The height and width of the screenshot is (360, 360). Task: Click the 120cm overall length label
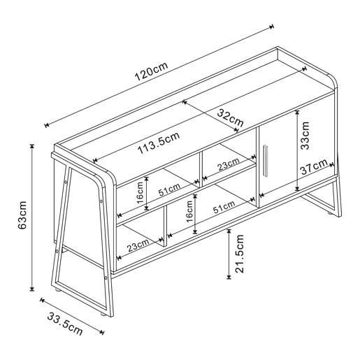(151, 71)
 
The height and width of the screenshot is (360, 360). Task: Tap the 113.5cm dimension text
(159, 143)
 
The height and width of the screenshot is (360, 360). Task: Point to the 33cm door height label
(304, 136)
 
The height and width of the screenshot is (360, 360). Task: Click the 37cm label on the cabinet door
(314, 166)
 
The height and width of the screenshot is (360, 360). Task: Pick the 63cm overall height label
(22, 215)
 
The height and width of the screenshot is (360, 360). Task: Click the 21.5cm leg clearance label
(239, 254)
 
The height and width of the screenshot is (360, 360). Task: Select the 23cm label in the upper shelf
(229, 164)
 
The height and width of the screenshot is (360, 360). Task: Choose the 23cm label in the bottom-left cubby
(138, 245)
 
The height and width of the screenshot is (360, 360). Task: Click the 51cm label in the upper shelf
(169, 189)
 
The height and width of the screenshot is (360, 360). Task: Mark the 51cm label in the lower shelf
(224, 207)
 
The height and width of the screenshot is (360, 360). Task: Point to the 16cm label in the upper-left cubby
(141, 193)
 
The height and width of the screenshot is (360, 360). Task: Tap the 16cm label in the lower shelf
(189, 211)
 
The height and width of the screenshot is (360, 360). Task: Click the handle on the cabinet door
(266, 160)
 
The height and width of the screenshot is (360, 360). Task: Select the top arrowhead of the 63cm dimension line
(32, 146)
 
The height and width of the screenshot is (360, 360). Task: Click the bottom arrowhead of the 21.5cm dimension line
(229, 277)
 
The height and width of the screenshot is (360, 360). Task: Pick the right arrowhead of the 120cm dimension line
(271, 27)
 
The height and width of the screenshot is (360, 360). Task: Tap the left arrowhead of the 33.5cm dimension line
(42, 300)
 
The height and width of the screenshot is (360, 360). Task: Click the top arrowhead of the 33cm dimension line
(297, 113)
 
